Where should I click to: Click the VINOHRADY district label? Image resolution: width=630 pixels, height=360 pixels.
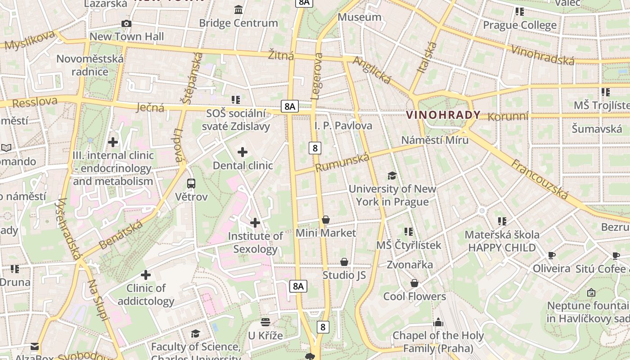point(443,115)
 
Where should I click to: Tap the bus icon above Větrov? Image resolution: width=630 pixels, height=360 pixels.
point(191,184)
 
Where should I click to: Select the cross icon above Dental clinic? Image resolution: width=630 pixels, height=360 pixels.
point(243,152)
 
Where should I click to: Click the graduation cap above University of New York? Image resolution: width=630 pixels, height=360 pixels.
point(392,175)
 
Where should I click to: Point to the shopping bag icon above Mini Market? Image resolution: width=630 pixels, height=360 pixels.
point(326,220)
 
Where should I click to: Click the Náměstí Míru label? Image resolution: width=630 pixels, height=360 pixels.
point(435,140)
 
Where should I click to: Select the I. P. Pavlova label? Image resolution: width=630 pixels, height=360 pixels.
point(343,126)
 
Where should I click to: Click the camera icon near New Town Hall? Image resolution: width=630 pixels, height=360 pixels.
point(126,24)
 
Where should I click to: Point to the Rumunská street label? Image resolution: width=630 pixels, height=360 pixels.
point(342,162)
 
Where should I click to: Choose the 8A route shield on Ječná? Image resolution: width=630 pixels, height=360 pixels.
point(290,107)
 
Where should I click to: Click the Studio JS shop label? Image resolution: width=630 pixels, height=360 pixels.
point(344,275)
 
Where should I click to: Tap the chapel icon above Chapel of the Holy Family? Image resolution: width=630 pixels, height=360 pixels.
point(438,322)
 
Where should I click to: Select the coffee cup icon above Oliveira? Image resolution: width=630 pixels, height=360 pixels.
point(552,256)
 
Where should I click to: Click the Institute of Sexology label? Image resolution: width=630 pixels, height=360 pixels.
point(256,243)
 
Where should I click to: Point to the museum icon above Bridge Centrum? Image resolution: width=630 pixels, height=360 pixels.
point(238,9)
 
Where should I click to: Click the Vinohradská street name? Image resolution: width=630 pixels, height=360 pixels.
point(543,55)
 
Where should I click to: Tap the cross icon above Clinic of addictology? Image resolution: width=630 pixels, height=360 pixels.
point(146,274)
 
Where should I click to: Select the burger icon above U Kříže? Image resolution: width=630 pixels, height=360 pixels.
point(265,322)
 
